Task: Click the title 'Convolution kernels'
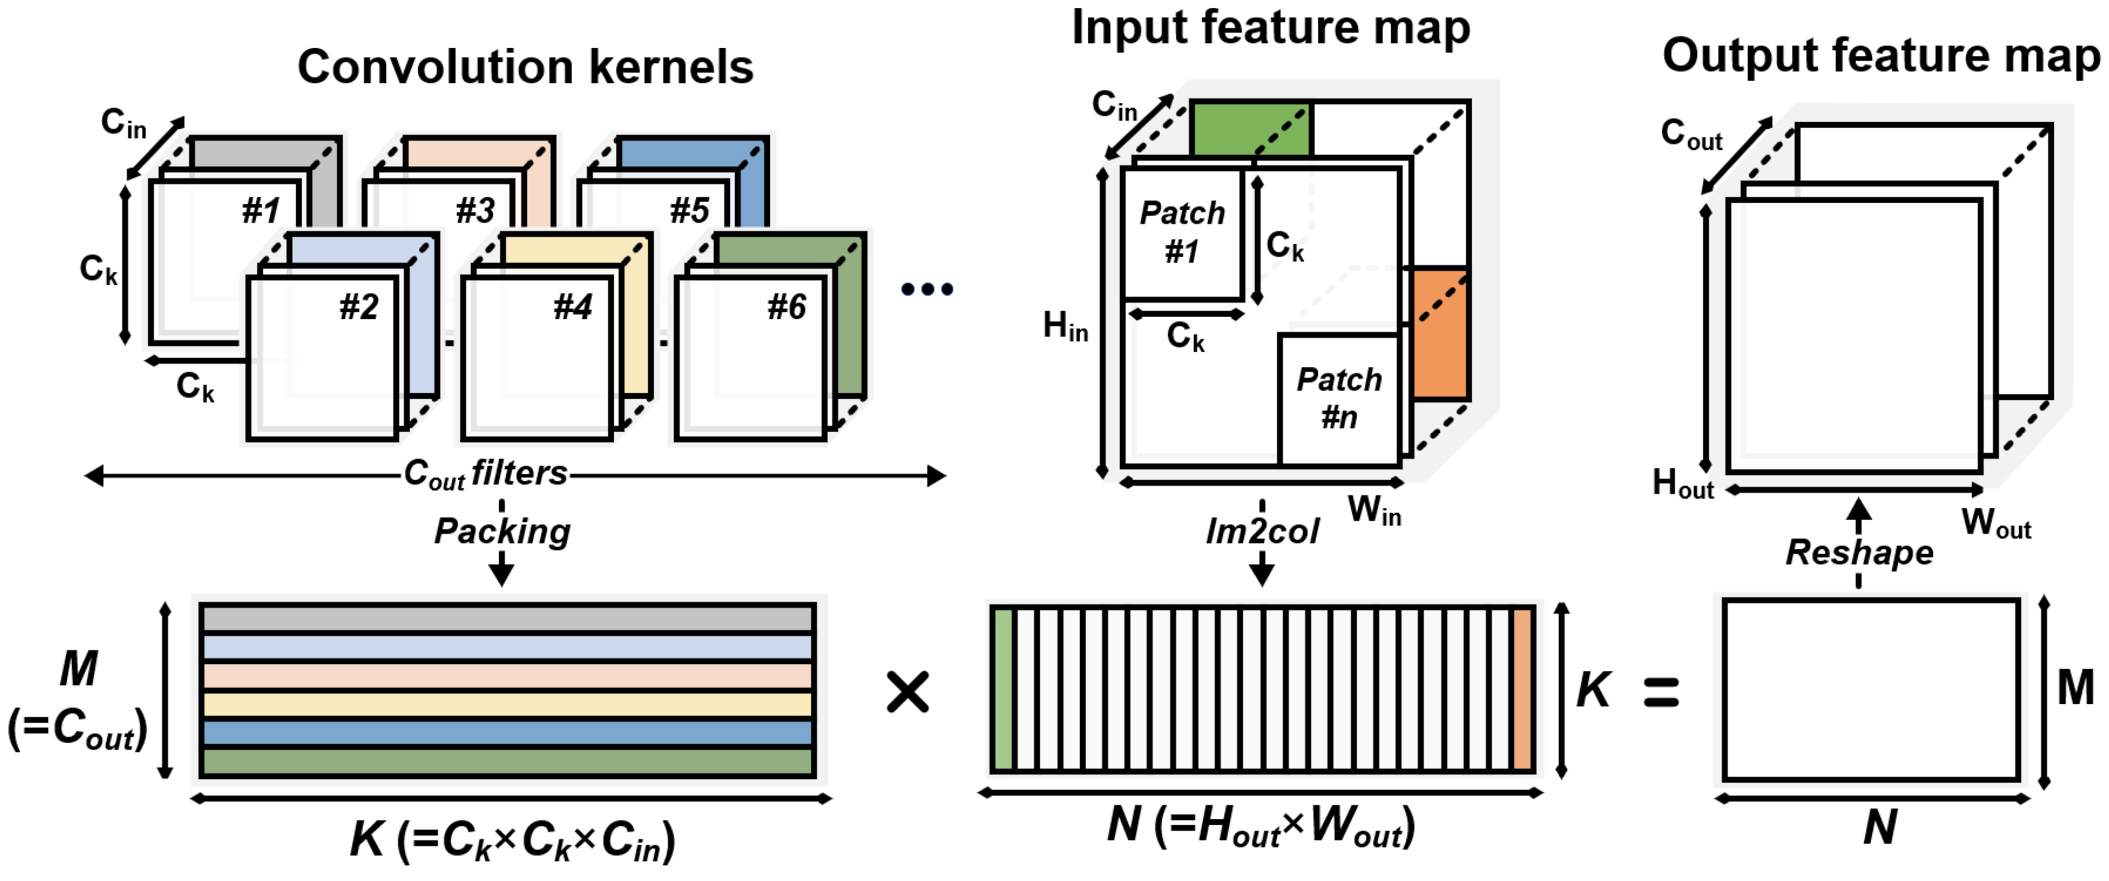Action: click(x=525, y=67)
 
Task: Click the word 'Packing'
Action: click(x=502, y=531)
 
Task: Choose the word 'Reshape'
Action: click(x=1859, y=553)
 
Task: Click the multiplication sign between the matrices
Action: click(x=907, y=693)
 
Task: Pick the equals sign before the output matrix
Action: click(x=1661, y=693)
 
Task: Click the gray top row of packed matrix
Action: click(x=508, y=618)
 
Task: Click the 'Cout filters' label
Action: click(x=486, y=474)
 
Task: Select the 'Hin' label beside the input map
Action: click(x=1064, y=327)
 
